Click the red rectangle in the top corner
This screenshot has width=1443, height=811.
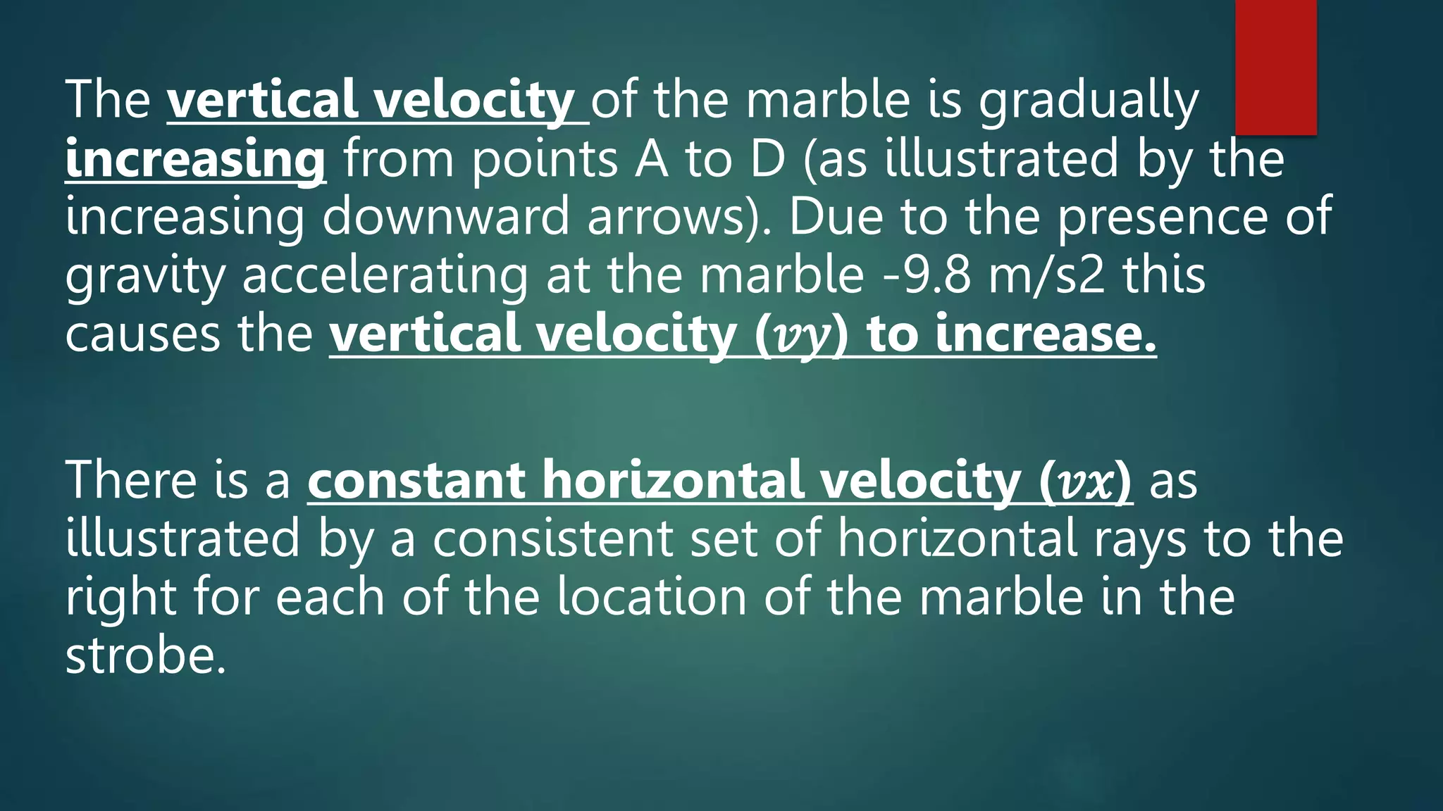pos(1276,67)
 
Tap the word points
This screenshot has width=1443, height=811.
pos(545,159)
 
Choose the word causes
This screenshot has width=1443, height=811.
pos(142,334)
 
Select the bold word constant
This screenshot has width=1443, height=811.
pos(416,480)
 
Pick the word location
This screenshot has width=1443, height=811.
pos(652,597)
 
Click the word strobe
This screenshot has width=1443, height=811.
pos(146,655)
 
